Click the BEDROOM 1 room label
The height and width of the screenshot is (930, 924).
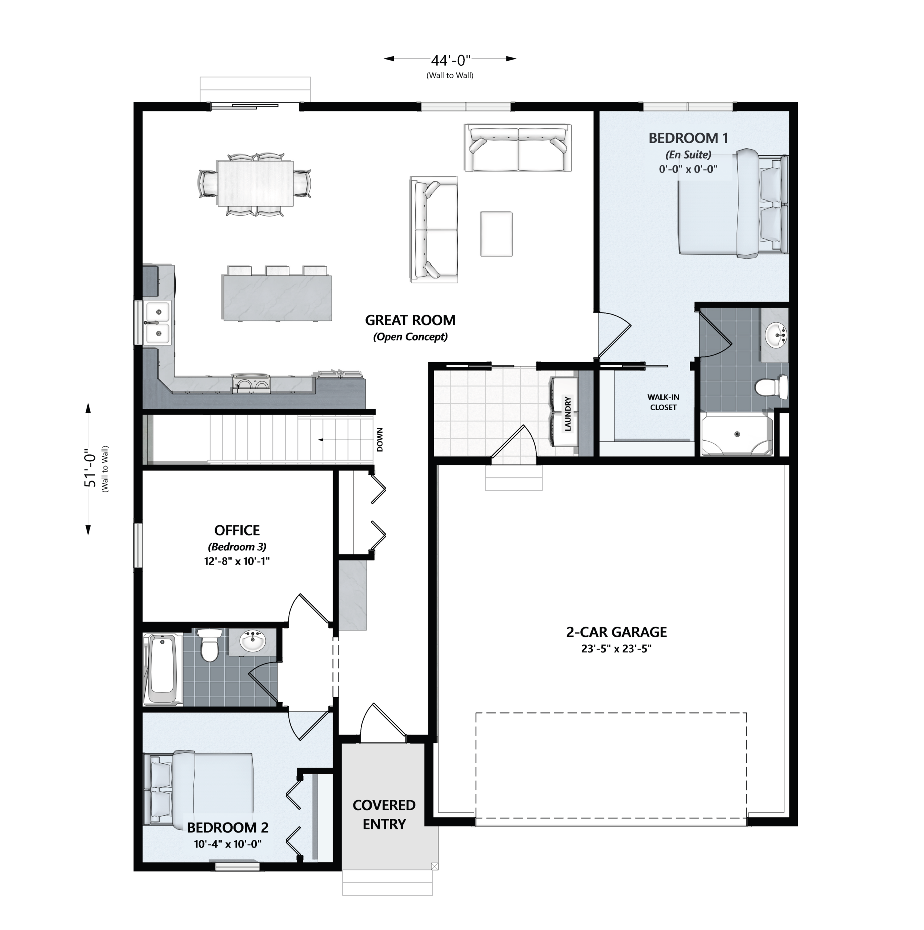(688, 138)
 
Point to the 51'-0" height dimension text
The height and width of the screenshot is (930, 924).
(91, 468)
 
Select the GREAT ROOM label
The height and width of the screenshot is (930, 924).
(410, 320)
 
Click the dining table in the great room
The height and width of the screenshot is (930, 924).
(255, 183)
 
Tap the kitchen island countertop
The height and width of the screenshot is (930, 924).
(276, 298)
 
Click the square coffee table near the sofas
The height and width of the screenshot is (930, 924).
(496, 234)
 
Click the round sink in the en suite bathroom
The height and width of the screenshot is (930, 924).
(776, 335)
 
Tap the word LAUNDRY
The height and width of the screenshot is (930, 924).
(568, 414)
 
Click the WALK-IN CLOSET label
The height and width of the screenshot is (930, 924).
(663, 402)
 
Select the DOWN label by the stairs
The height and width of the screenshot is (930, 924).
(380, 440)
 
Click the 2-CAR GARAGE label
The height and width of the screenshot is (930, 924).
(617, 632)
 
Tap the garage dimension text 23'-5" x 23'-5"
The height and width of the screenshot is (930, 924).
(617, 649)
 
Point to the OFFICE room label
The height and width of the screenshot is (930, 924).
(237, 530)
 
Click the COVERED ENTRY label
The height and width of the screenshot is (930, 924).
(384, 814)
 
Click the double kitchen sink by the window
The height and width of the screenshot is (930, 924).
(157, 323)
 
